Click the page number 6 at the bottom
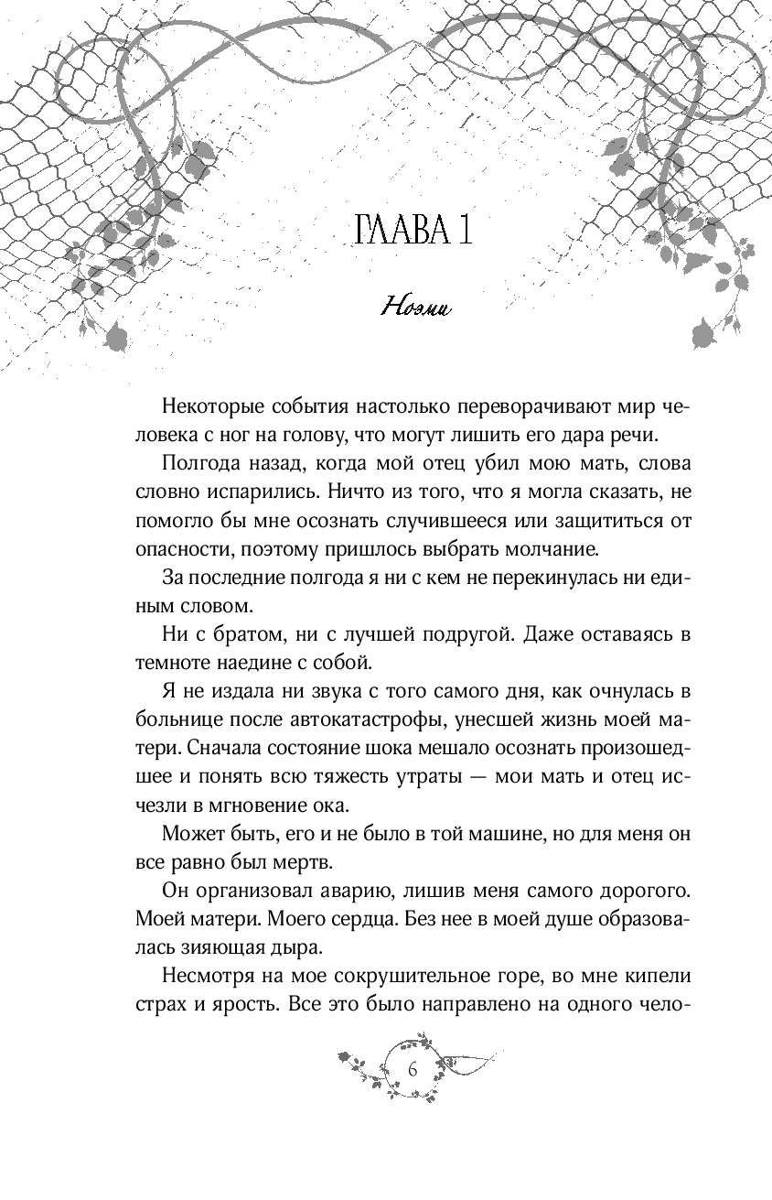413,1070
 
